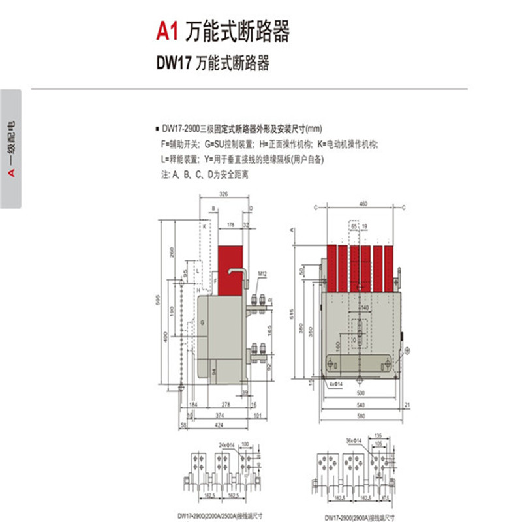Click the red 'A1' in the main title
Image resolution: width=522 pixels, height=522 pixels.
point(168,31)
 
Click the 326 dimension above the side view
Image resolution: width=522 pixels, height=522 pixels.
point(223,194)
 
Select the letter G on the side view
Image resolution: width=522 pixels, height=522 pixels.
point(202,323)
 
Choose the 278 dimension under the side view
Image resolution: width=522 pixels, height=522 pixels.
point(226,405)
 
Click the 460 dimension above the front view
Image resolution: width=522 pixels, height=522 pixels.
point(363,204)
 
